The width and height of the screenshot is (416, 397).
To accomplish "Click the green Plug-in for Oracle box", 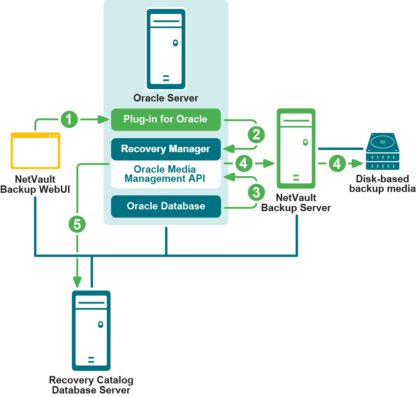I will tap(165, 119).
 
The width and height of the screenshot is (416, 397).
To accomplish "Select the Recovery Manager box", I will tap(165, 149).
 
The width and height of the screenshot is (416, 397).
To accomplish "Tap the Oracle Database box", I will tap(165, 206).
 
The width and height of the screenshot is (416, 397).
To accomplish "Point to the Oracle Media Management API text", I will tap(165, 174).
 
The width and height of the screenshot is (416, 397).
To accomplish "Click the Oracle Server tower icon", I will tap(166, 49).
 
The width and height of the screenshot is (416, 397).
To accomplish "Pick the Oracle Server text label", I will tap(166, 98).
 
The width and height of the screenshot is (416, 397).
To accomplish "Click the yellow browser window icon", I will tap(35, 150).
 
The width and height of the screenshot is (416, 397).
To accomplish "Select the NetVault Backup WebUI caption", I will tap(35, 184).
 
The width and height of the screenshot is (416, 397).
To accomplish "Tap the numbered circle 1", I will tap(70, 119).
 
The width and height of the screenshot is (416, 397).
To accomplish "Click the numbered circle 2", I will tap(256, 135).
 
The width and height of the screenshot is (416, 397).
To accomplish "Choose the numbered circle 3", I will tap(256, 192).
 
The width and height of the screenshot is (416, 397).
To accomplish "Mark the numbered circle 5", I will tap(77, 224).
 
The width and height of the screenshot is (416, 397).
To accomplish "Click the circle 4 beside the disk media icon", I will tap(337, 164).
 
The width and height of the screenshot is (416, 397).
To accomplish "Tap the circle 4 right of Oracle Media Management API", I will tap(244, 164).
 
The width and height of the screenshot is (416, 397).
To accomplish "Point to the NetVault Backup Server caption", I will tap(296, 203).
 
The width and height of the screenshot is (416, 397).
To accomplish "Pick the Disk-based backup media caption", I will tap(382, 184).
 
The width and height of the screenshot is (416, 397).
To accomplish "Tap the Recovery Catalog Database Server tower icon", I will tap(91, 331).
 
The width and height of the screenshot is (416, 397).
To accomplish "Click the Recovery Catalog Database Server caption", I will tap(91, 385).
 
